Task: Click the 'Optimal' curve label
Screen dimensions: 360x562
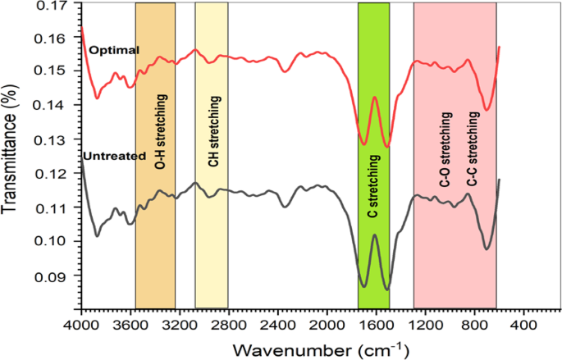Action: click(x=114, y=50)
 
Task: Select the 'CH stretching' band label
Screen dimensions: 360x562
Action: click(x=213, y=132)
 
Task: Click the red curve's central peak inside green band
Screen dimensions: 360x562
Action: click(x=374, y=97)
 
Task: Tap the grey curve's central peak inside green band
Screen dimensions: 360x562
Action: click(x=374, y=235)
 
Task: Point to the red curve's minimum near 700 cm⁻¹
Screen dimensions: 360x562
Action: click(x=486, y=109)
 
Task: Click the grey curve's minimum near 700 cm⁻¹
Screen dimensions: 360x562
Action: click(x=486, y=248)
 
